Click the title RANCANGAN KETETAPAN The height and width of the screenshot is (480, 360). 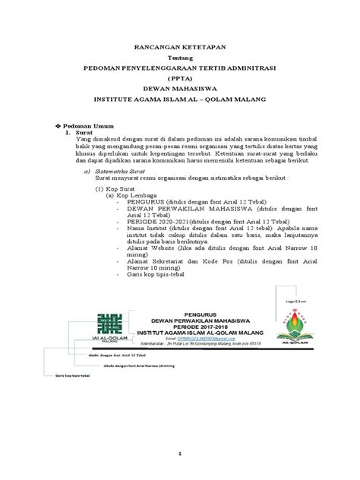(x=180, y=47)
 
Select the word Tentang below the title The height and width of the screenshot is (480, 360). (x=180, y=57)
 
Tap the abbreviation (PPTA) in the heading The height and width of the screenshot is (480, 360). (x=180, y=77)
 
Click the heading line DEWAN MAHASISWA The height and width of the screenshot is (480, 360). (x=180, y=88)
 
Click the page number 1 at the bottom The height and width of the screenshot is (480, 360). (x=180, y=453)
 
